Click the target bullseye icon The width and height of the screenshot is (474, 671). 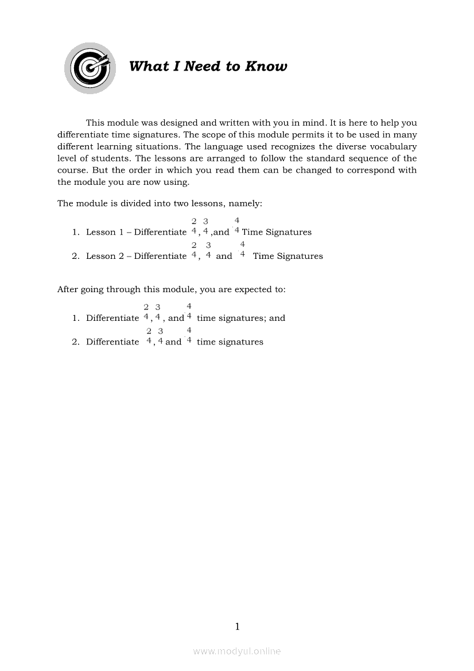(x=90, y=68)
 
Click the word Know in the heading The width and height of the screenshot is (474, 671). (x=266, y=67)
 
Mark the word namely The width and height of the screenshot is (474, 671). (x=247, y=203)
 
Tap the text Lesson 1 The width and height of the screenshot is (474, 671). (x=105, y=232)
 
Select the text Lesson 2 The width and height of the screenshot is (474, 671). (x=105, y=256)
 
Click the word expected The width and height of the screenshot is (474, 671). (x=252, y=289)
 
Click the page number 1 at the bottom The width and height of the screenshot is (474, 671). (x=237, y=626)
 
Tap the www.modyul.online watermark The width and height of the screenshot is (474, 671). (x=237, y=651)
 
